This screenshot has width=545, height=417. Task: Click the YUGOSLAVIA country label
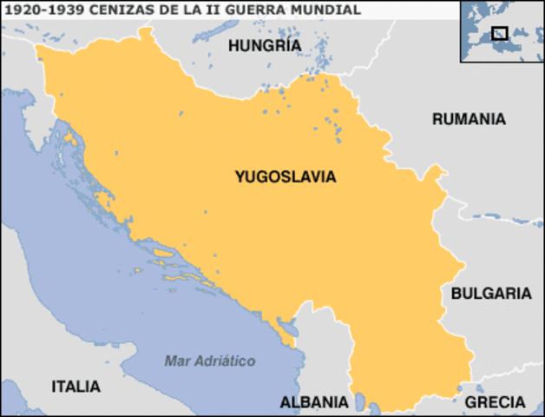(x=285, y=176)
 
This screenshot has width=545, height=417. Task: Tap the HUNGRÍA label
(x=265, y=45)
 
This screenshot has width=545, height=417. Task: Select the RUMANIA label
(x=469, y=119)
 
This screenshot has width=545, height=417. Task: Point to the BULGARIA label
(x=491, y=294)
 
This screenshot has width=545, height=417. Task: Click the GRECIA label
(x=495, y=402)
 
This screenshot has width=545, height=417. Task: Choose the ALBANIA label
(x=314, y=402)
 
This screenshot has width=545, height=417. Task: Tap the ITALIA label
(x=76, y=386)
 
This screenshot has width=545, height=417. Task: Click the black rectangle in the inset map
(x=499, y=33)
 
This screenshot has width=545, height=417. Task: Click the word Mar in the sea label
(x=176, y=360)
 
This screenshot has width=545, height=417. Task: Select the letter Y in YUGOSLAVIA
(x=240, y=176)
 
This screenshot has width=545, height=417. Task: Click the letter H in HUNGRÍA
(x=233, y=45)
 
